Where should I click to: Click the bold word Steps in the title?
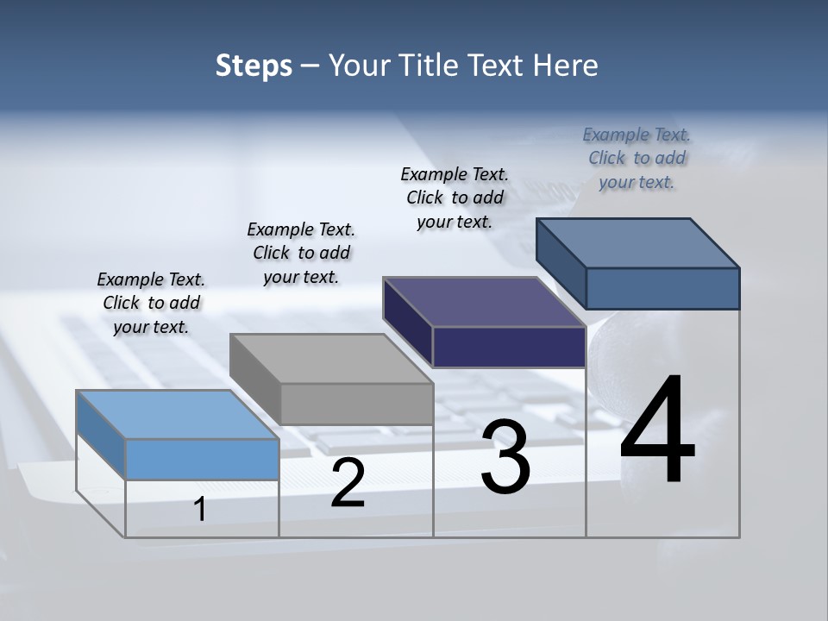point(254,66)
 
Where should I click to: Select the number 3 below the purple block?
point(505,457)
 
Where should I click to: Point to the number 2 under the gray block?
point(348,483)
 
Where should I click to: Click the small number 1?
point(199,509)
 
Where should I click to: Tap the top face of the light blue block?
point(177,415)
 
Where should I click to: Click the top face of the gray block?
point(331,358)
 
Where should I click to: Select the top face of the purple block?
point(485,302)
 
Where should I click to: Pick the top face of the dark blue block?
point(638,243)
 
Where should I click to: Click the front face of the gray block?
point(357,404)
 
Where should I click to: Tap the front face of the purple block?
point(509,347)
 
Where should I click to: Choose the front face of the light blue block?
point(203,459)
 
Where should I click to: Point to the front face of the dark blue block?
point(662,288)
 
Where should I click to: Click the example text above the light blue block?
point(151,303)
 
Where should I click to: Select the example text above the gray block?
point(301,253)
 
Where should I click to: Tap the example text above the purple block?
point(455,198)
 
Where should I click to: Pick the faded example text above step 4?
point(637,158)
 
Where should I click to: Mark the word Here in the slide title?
point(567,66)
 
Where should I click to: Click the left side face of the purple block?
point(408,322)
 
